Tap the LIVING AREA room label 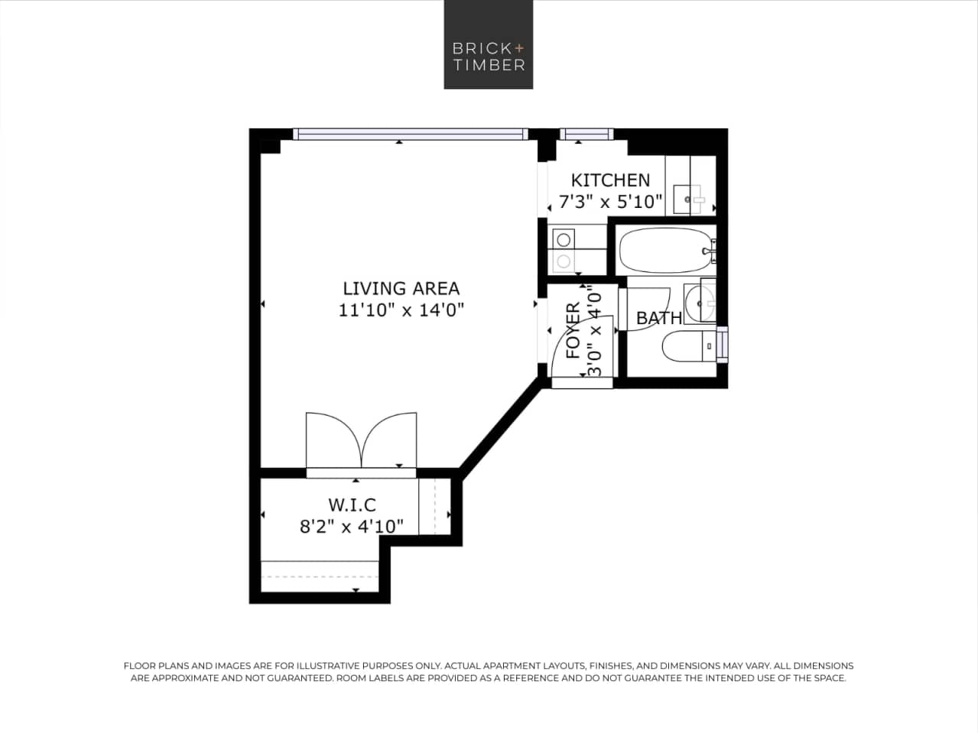pyautogui.click(x=401, y=288)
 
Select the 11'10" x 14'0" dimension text pyautogui.click(x=401, y=310)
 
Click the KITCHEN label pyautogui.click(x=610, y=180)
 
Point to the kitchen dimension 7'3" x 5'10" pyautogui.click(x=610, y=203)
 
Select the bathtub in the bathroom pyautogui.click(x=664, y=250)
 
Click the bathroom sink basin pyautogui.click(x=700, y=302)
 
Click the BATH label pyautogui.click(x=658, y=318)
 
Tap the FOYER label pyautogui.click(x=573, y=331)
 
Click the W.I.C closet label pyautogui.click(x=352, y=505)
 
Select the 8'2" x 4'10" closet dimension pyautogui.click(x=352, y=527)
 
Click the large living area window pyautogui.click(x=411, y=134)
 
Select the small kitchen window pyautogui.click(x=586, y=134)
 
